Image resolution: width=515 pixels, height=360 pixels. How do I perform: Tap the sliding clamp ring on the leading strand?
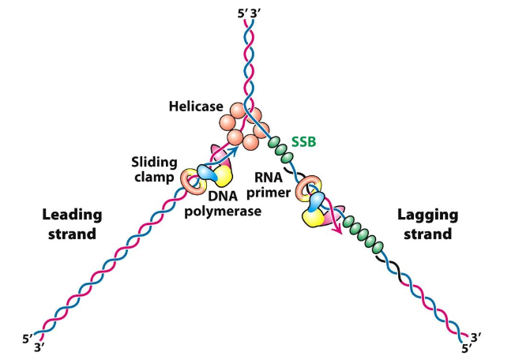[x=190, y=180]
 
